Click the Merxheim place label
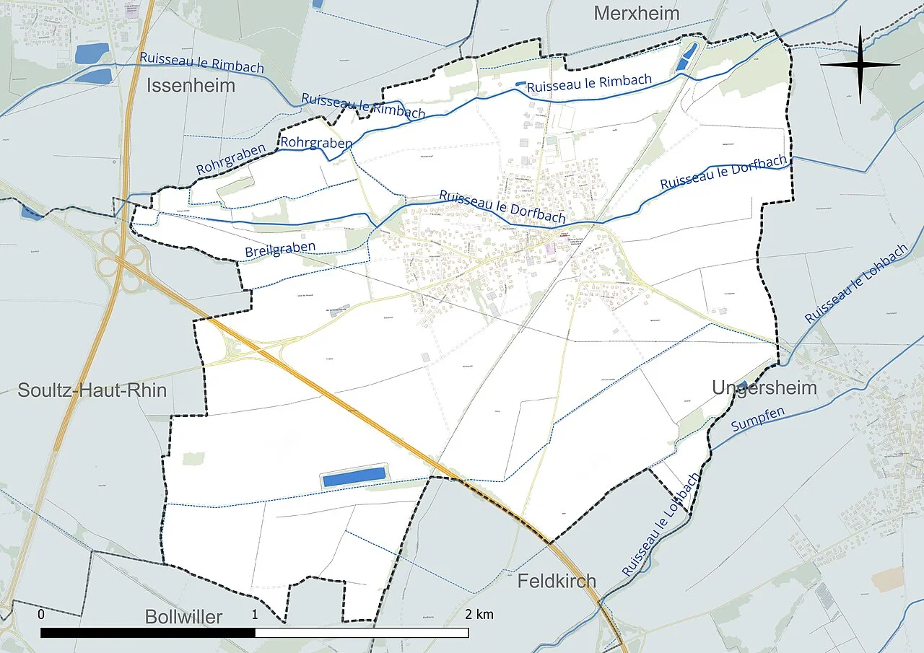tap(636, 14)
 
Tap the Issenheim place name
tap(191, 86)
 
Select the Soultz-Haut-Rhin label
tap(92, 390)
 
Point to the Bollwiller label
tap(183, 617)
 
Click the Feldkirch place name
tap(557, 580)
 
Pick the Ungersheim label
tap(764, 387)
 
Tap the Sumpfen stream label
tap(757, 420)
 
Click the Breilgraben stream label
tap(280, 249)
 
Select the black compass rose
tap(860, 65)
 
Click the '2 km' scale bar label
tap(479, 615)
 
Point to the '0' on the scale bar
tap(41, 615)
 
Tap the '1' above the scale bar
tap(255, 615)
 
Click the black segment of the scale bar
tap(148, 633)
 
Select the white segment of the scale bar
tap(362, 633)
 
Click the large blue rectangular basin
tap(354, 476)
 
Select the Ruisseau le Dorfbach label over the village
tap(502, 208)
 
